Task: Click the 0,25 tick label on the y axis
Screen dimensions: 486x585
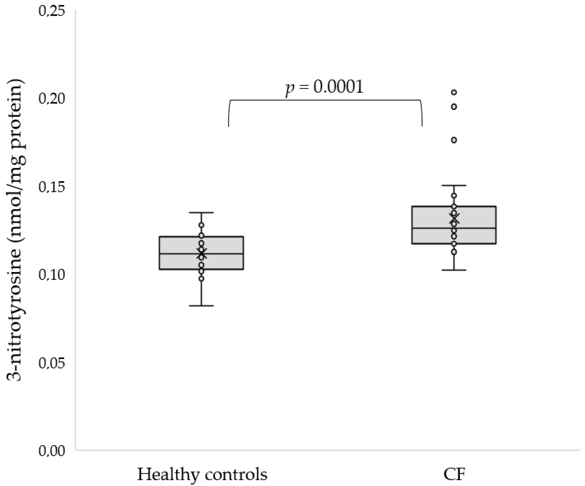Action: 52,11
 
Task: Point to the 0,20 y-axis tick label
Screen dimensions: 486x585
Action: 52,99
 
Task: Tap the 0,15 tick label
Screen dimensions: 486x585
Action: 52,187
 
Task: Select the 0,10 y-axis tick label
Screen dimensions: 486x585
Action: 52,275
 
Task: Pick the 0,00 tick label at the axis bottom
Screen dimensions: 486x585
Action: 52,451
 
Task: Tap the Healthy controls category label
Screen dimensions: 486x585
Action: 202,474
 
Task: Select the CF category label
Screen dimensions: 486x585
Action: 454,474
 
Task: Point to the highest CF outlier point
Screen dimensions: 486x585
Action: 454,92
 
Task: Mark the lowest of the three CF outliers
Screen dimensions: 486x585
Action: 454,140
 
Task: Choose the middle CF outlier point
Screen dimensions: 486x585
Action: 454,107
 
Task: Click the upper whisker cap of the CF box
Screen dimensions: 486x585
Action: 454,185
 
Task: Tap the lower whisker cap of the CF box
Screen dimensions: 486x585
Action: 454,270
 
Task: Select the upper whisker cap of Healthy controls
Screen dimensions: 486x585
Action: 201,212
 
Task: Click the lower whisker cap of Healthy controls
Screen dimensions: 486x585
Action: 201,306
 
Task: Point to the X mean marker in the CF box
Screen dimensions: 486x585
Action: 454,218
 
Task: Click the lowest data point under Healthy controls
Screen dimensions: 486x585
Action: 201,278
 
